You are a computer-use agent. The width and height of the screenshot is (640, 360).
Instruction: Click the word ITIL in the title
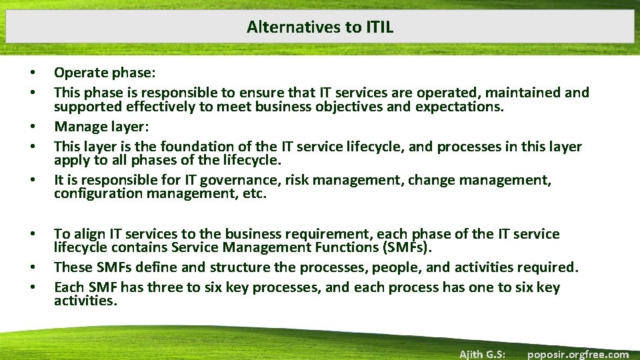(379, 27)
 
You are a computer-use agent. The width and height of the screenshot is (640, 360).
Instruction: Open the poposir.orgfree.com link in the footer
(577, 354)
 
